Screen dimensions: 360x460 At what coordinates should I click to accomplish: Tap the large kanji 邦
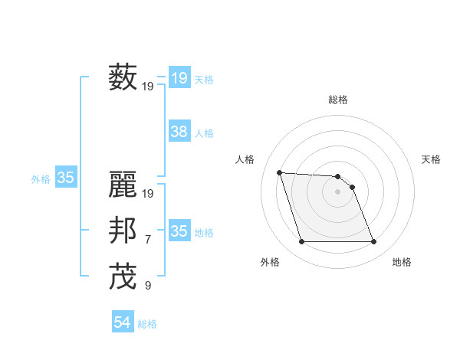point(123,231)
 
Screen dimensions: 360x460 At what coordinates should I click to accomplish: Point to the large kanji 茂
point(123,277)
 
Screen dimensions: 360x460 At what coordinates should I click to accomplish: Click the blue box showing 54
point(123,322)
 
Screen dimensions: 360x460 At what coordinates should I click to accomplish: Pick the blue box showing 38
point(179,132)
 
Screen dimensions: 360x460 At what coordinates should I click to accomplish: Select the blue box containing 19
point(179,77)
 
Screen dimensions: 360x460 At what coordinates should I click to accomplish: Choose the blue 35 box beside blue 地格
point(179,231)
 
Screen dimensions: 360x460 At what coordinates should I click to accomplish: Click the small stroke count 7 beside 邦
point(148,241)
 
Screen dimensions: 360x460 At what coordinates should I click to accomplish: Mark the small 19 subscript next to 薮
point(148,87)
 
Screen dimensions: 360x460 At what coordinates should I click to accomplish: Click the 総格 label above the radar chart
point(338,100)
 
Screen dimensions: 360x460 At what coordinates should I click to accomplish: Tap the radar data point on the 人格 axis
point(279,172)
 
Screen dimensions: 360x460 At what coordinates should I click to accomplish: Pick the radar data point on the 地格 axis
point(373,242)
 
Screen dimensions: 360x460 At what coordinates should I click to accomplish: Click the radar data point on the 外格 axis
point(301,242)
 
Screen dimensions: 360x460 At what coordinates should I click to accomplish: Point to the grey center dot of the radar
point(338,191)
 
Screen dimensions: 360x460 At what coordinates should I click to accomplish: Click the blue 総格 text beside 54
point(147,324)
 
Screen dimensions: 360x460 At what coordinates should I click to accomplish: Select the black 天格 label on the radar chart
point(431,159)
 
